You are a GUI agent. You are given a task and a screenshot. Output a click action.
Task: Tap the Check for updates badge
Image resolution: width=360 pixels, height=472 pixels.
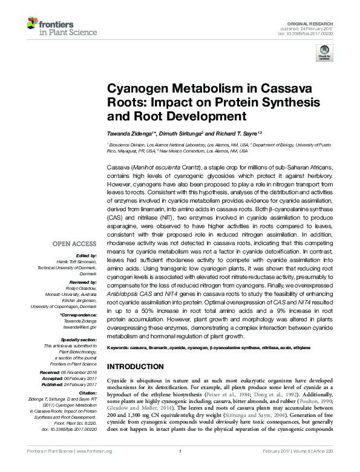[324, 54]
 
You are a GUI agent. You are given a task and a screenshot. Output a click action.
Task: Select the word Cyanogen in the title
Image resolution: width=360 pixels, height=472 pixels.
[137, 88]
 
